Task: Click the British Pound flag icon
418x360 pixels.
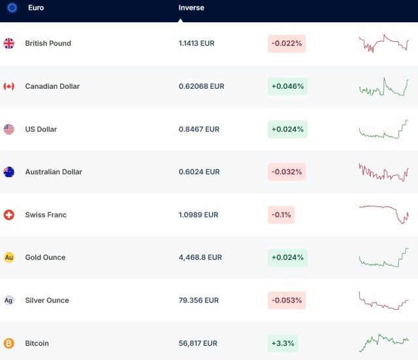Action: click(9, 44)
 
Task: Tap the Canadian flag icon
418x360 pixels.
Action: click(9, 86)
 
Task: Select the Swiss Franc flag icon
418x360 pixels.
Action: click(9, 215)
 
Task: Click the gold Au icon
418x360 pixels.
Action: click(9, 257)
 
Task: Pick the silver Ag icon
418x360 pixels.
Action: click(9, 301)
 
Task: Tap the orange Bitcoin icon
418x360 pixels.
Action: click(9, 343)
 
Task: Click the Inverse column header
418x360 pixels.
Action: click(191, 8)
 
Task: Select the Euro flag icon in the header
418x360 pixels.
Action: click(12, 8)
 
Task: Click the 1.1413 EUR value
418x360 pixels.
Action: click(196, 44)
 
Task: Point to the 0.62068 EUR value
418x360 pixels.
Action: click(201, 86)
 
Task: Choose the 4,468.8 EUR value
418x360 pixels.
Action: click(200, 257)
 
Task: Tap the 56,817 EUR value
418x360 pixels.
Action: click(198, 343)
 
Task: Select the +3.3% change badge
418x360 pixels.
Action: click(283, 343)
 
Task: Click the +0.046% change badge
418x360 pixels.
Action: click(287, 86)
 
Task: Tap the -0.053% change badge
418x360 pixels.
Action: click(287, 301)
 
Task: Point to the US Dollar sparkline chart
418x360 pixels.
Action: click(383, 129)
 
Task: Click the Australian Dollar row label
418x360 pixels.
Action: click(54, 172)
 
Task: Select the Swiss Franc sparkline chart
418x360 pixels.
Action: click(383, 214)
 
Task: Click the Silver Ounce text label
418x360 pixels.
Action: click(47, 301)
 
